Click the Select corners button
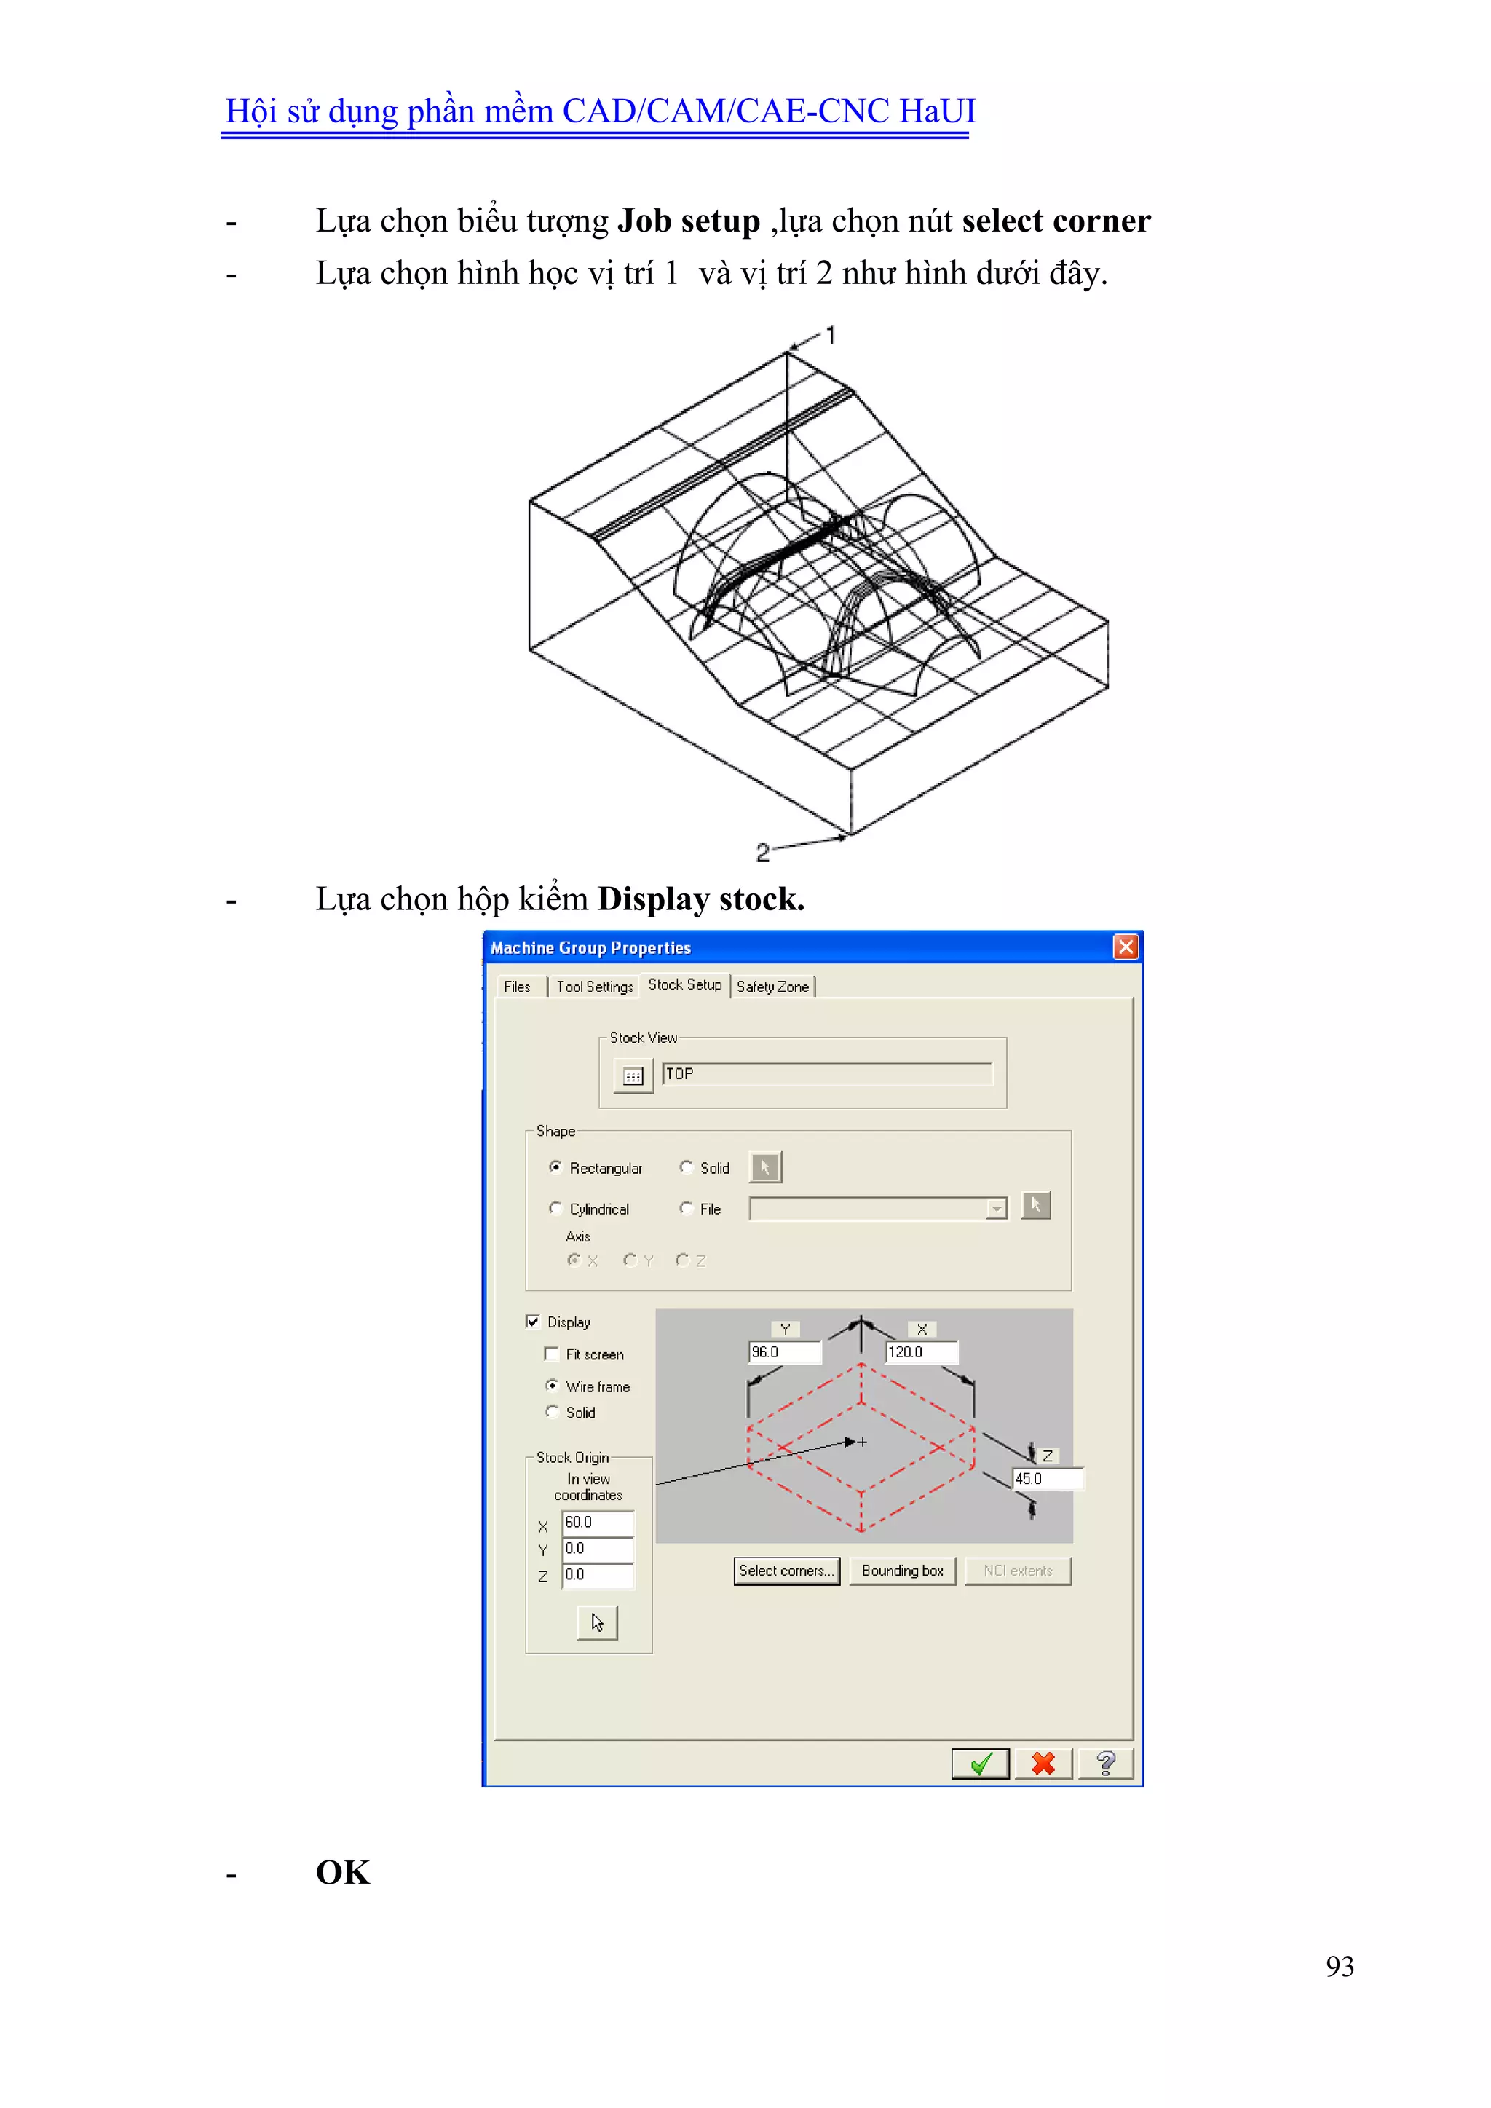tap(786, 1571)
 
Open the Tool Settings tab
tap(594, 987)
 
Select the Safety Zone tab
tap(772, 987)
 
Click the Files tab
tap(517, 987)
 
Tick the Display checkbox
tap(532, 1322)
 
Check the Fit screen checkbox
tap(552, 1354)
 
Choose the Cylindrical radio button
tap(555, 1208)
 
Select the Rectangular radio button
tap(555, 1167)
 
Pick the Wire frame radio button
tap(552, 1386)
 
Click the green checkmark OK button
tap(980, 1764)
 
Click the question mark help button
tap(1105, 1764)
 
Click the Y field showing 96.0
tap(784, 1352)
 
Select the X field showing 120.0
tap(920, 1352)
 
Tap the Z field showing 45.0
tap(1047, 1479)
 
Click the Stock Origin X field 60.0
tap(597, 1523)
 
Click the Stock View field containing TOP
tap(826, 1074)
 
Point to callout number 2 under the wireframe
tap(762, 853)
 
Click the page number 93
tap(1340, 1967)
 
